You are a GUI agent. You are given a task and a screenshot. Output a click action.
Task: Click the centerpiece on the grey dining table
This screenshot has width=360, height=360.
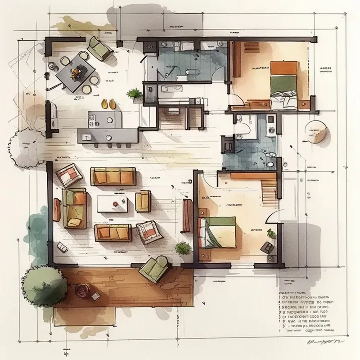click(x=77, y=70)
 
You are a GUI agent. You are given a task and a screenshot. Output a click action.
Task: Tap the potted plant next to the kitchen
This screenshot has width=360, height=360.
click(x=134, y=94)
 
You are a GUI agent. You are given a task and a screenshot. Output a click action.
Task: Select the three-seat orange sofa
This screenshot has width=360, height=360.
click(x=113, y=176)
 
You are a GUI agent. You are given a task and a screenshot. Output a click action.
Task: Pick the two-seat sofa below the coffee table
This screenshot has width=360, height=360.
click(x=112, y=232)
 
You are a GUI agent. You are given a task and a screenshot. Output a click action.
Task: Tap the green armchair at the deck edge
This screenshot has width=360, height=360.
click(x=153, y=269)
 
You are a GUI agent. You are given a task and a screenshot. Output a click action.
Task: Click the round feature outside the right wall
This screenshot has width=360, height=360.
click(x=316, y=132)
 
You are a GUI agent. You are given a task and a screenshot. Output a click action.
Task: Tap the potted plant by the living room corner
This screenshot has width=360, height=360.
click(x=183, y=248)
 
